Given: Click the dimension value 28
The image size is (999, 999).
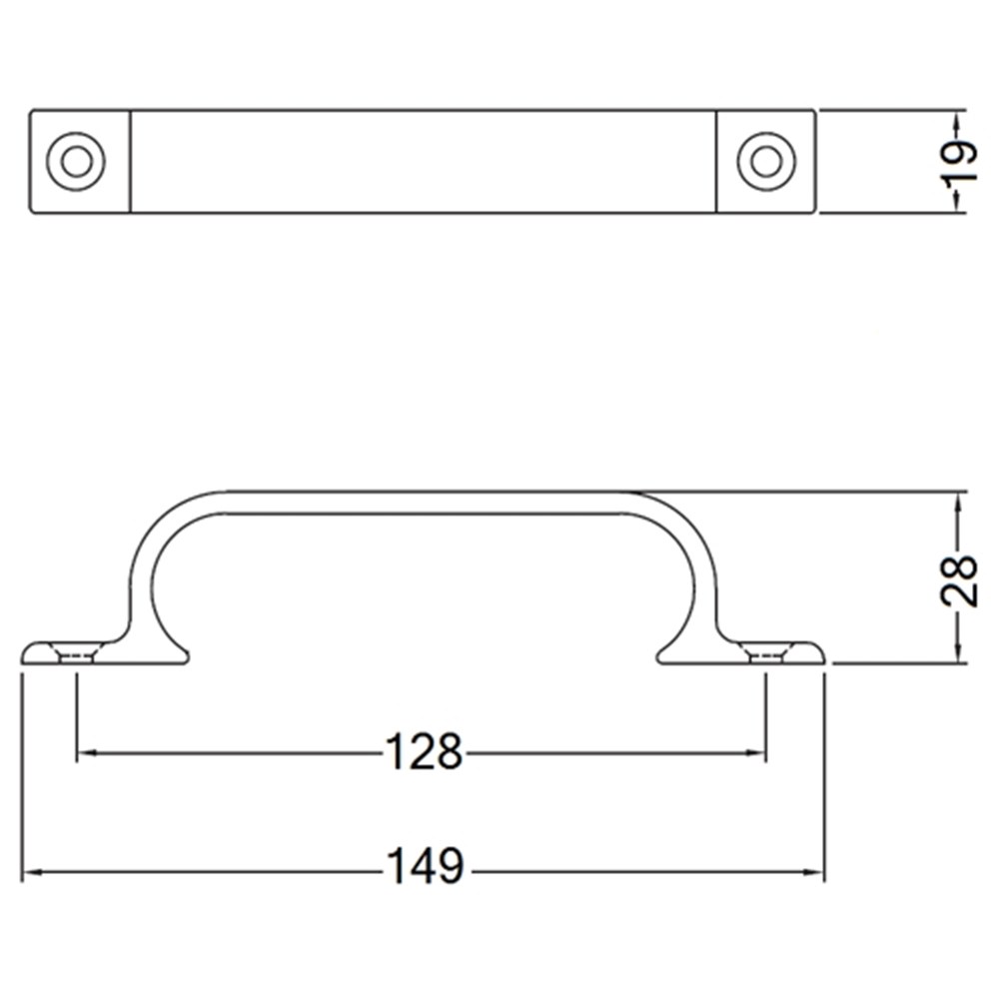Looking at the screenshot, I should [958, 579].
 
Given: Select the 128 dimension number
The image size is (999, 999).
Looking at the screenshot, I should [425, 753].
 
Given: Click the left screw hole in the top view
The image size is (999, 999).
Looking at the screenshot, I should [76, 161].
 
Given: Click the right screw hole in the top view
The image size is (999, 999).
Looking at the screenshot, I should [766, 161].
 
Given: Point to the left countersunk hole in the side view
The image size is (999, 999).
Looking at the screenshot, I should [77, 654].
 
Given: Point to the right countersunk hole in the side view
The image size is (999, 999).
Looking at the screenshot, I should [765, 654].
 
